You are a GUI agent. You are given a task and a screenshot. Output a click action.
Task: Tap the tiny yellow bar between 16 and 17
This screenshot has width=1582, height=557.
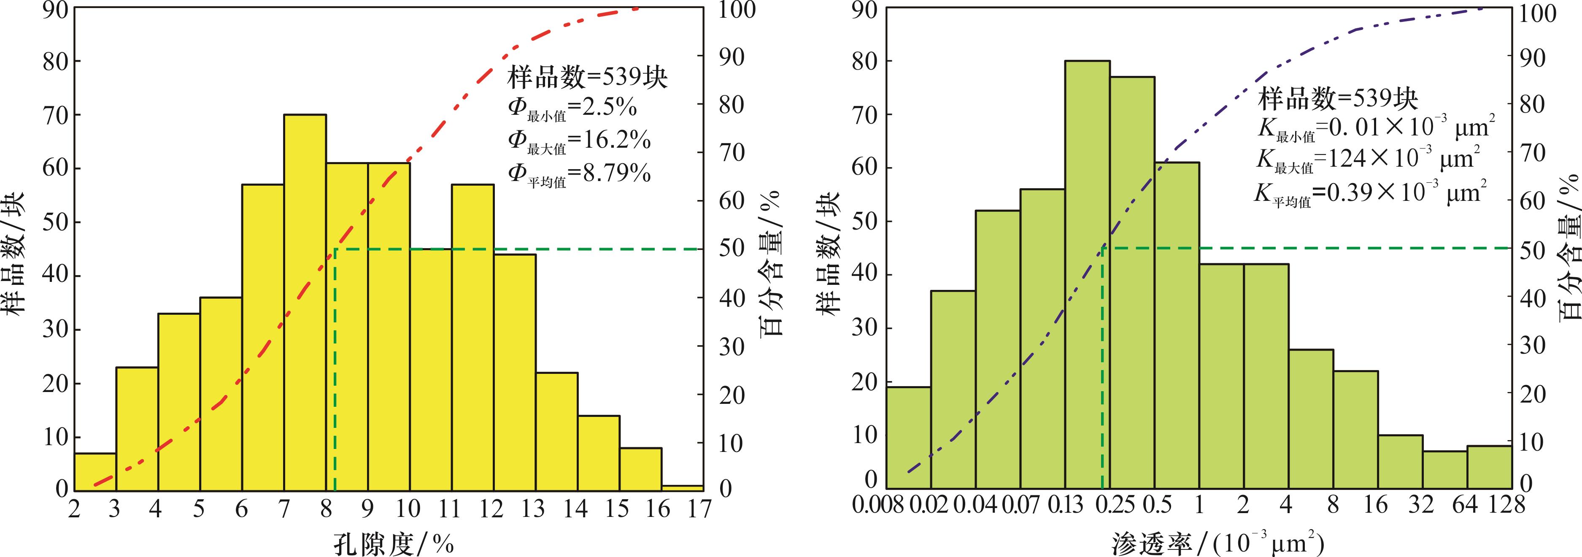tap(682, 488)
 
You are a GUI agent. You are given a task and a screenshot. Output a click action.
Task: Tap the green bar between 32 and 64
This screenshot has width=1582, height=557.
tap(1444, 470)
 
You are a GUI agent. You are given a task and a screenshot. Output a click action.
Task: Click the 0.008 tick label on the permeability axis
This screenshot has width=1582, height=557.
tap(878, 506)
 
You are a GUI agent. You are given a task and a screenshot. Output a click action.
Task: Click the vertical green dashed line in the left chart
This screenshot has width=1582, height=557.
tap(335, 368)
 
